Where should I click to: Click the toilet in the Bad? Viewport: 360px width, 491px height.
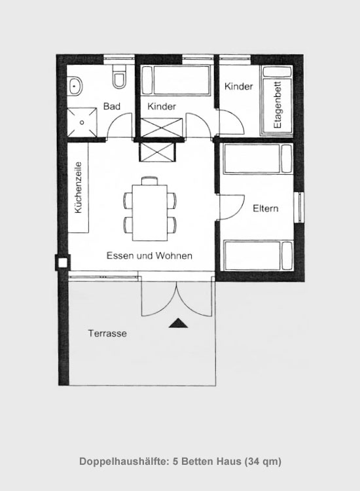point(119,77)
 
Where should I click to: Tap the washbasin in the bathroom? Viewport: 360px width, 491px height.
point(75,86)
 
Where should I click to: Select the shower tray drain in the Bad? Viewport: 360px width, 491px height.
point(82,122)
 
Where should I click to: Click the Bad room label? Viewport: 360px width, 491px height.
point(112,107)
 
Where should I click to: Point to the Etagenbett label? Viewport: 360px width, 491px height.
point(278,105)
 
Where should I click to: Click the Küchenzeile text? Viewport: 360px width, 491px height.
point(79,188)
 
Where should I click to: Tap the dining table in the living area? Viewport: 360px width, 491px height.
point(150,213)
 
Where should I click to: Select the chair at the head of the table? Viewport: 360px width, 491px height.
point(150,181)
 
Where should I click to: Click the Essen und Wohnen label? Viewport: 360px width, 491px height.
point(149,255)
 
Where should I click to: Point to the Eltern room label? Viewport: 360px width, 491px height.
point(266,209)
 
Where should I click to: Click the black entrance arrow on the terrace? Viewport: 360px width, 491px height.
point(179,323)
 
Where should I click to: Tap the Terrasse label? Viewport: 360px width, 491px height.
point(107,333)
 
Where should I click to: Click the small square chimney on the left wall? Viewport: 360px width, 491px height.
point(63,263)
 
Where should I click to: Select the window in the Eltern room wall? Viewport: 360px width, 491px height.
point(300,208)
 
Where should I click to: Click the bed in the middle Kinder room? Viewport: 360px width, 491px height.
point(175,80)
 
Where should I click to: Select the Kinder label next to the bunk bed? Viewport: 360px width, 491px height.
point(238,86)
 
